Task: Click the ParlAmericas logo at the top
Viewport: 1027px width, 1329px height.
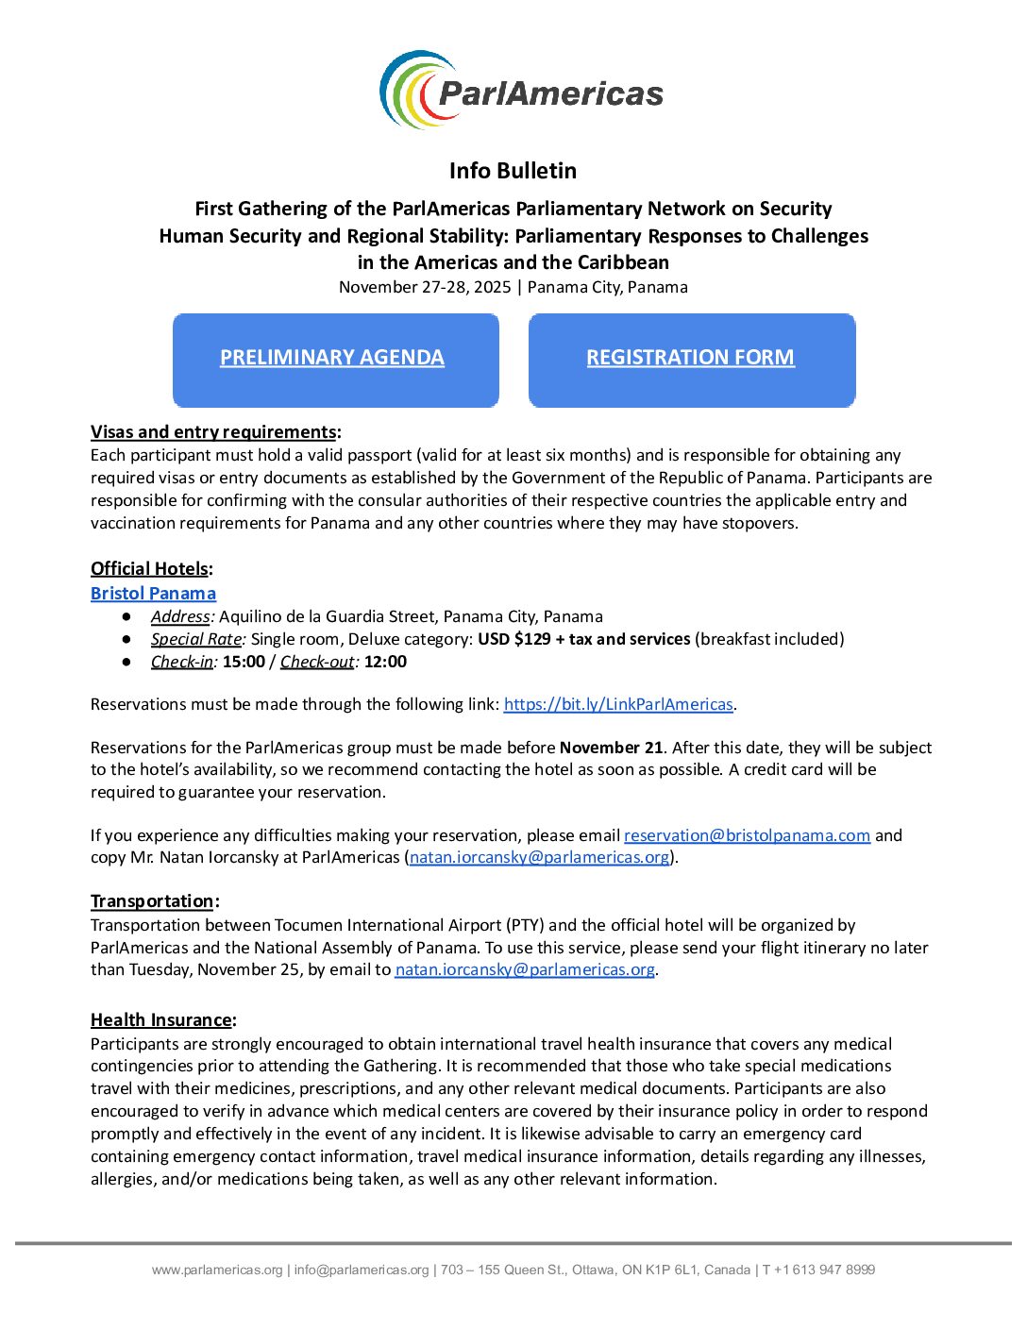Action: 521,91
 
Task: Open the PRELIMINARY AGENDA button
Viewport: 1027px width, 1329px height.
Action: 332,358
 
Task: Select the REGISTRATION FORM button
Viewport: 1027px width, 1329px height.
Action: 690,358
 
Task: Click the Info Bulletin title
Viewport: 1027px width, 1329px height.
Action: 513,171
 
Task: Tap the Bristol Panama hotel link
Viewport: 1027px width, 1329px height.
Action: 153,594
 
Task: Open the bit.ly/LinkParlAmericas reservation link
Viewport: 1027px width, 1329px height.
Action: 618,704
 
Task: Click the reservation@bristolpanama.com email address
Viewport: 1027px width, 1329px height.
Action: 747,835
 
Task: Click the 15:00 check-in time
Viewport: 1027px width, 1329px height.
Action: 244,662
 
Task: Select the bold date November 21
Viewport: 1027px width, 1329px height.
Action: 611,748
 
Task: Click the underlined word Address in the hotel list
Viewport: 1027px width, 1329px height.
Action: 180,616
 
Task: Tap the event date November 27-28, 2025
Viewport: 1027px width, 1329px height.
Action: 425,287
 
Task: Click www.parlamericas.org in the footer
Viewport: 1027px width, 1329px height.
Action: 217,1270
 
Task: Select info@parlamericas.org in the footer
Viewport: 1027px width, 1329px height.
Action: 362,1270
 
